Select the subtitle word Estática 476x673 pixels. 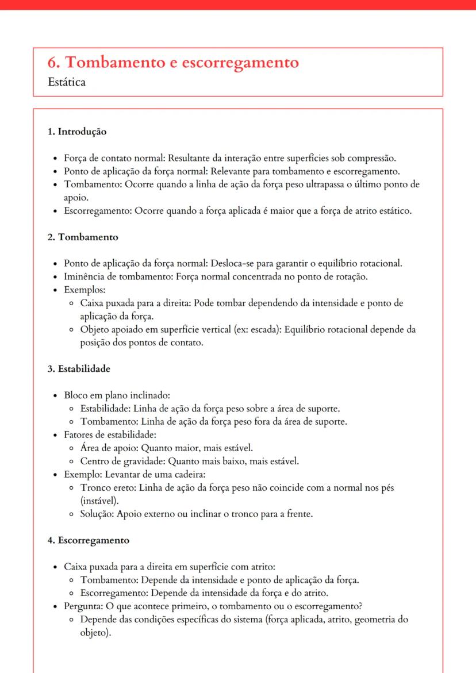[67, 82]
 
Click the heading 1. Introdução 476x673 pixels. [77, 132]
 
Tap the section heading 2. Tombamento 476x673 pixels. [83, 237]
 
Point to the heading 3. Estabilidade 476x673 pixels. [79, 368]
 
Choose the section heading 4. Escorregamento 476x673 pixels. [89, 540]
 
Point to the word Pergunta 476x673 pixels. [82, 606]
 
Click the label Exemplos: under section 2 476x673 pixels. [81, 290]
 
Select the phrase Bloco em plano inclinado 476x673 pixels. [117, 395]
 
